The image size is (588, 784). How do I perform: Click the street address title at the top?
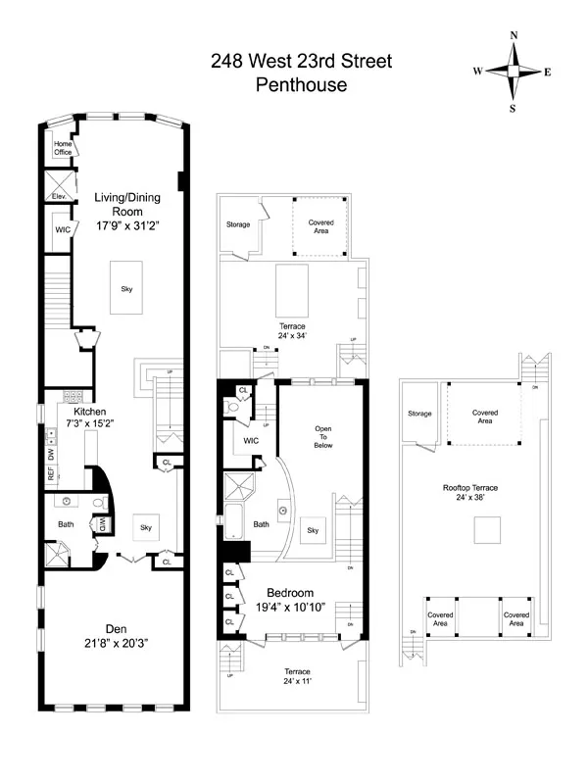(x=301, y=62)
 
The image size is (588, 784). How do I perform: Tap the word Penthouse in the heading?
(x=301, y=85)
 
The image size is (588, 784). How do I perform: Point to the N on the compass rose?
(x=514, y=35)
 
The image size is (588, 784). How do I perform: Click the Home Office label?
(x=64, y=148)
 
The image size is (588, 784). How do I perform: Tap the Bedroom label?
(x=291, y=593)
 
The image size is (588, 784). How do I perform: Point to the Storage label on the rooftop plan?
(x=419, y=414)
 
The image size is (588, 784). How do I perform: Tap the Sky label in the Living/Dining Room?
(x=126, y=289)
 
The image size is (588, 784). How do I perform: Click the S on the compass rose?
(x=513, y=109)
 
